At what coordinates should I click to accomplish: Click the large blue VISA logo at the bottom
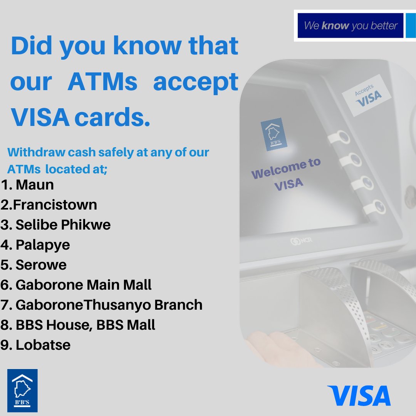point(359,396)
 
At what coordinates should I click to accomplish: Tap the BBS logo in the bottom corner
point(22,390)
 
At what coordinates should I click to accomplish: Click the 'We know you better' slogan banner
point(350,26)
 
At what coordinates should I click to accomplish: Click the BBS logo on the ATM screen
point(274,134)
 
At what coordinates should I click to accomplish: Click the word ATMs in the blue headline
point(102,82)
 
